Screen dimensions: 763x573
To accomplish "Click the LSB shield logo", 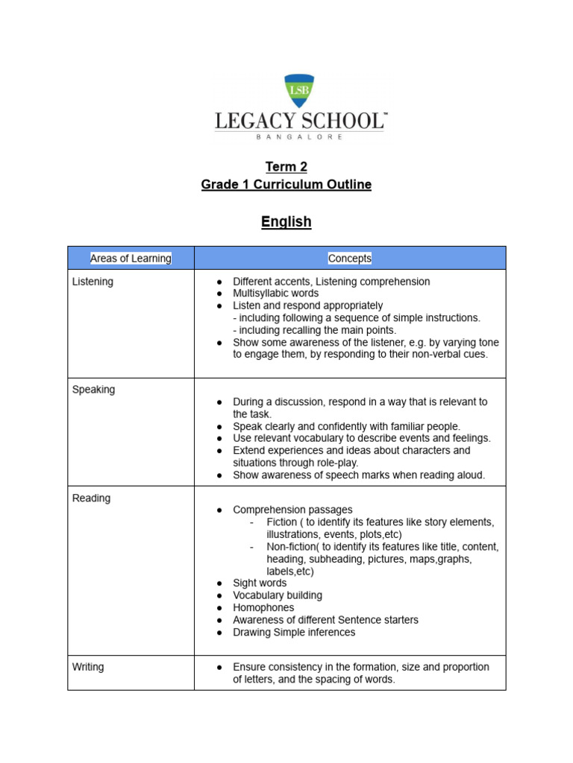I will pos(300,90).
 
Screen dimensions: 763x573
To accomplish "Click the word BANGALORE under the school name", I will pos(300,137).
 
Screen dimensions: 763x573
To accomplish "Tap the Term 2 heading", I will pos(286,167).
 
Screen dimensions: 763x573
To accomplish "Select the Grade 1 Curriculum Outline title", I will pos(286,185).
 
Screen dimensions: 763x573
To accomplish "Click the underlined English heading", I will pos(286,222).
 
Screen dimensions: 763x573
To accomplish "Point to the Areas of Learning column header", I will pos(131,259).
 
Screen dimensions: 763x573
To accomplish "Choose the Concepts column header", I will pos(349,259).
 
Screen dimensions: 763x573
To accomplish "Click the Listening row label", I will pos(93,282).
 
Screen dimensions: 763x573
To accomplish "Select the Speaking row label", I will pos(93,390).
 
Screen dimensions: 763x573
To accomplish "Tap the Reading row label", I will pos(91,498).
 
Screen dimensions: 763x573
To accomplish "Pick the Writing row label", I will pos(88,667).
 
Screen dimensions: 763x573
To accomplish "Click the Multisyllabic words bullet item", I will pos(275,294).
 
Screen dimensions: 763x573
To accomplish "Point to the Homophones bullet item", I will pos(263,608).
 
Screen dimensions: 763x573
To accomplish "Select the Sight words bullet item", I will pos(259,583).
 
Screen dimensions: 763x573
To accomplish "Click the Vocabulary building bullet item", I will pos(278,595).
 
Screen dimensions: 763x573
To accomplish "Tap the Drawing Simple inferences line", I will pos(294,633).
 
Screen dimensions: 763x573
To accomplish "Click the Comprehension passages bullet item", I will pos(292,510).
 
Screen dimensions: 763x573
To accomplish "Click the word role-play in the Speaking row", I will pos(333,463).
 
